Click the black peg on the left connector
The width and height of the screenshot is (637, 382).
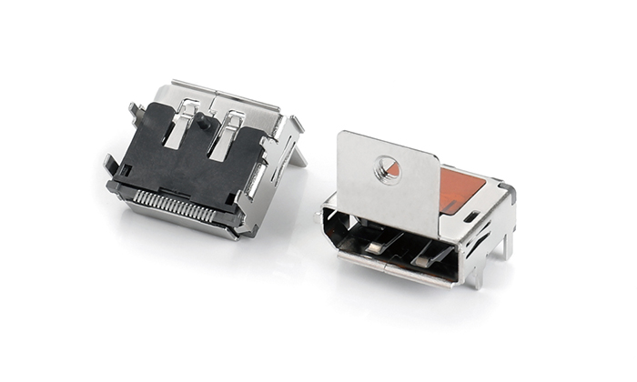pos(202,119)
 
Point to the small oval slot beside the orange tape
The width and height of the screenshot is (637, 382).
pos(470,216)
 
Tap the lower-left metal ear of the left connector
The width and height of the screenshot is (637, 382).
pos(110,165)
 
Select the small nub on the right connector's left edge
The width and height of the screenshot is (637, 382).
pos(321,215)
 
